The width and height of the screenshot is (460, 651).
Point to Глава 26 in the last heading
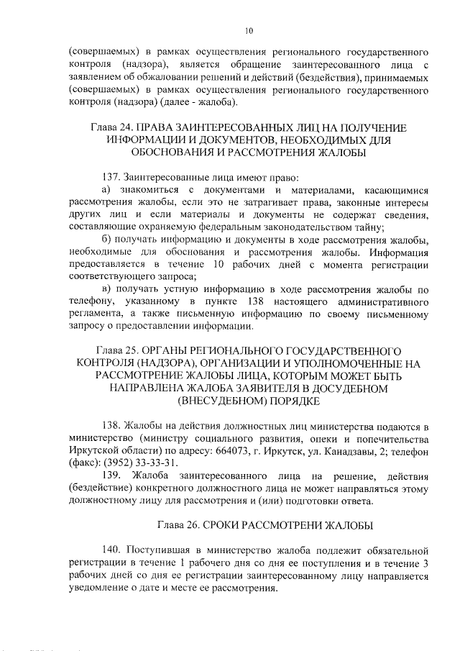click(x=179, y=523)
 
